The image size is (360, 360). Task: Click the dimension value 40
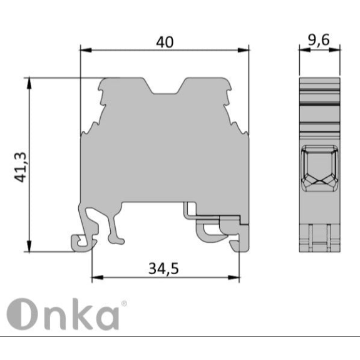pos(165,42)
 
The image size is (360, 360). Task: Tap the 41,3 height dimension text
pos(21,167)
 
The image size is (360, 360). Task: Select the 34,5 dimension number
pos(163,269)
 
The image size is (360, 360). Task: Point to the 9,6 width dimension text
pos(319,40)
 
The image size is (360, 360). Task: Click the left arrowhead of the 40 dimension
pos(86,50)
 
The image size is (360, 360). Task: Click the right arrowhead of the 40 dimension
pos(243,50)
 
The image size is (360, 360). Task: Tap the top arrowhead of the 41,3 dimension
pos(29,83)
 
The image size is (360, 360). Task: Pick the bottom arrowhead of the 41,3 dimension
pos(29,246)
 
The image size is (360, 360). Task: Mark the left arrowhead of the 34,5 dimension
pos(98,277)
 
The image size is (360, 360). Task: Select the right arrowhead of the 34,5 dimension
pos(234,277)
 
